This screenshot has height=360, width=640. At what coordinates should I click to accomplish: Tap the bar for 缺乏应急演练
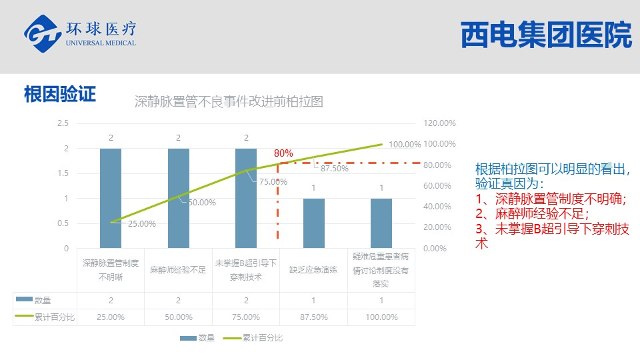314,223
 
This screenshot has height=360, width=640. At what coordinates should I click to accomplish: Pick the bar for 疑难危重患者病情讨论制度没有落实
381,223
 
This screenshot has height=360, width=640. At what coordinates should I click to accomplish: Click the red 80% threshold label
283,153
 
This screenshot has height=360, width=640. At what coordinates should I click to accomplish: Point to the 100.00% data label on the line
405,145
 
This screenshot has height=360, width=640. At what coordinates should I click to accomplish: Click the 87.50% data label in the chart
334,169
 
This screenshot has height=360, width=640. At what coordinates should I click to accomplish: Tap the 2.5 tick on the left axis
63,123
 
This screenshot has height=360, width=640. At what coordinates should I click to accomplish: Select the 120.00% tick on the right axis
439,123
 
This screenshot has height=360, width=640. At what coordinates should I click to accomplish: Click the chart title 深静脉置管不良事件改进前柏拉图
229,102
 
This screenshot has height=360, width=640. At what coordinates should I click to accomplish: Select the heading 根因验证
60,94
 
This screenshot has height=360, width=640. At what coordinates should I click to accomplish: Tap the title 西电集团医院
545,36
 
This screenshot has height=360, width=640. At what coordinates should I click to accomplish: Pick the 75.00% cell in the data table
246,317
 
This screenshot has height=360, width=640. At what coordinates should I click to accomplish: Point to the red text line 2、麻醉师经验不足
532,213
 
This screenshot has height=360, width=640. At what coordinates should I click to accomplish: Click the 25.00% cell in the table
111,317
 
